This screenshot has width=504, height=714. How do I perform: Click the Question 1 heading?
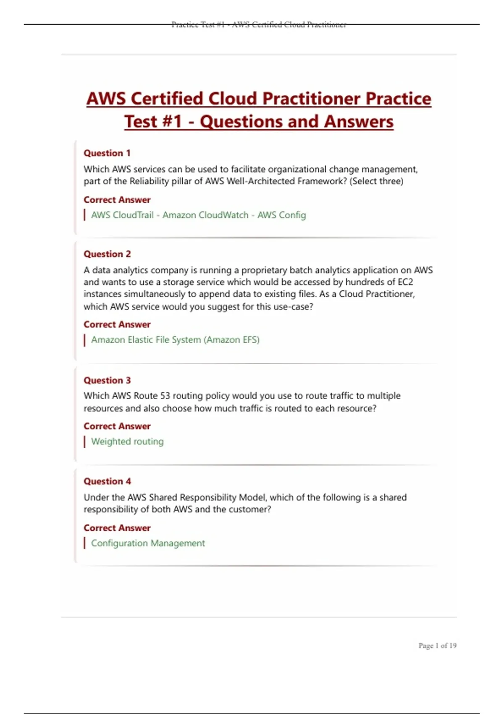pos(107,153)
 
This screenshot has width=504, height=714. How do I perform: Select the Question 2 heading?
pos(107,254)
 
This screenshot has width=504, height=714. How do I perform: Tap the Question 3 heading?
pos(107,381)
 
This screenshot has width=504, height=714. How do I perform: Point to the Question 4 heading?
pos(107,481)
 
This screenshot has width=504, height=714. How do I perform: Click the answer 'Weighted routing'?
pos(127,441)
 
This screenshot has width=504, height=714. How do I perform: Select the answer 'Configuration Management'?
pos(148,543)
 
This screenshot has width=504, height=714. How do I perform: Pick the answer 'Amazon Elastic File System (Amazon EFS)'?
pos(175,340)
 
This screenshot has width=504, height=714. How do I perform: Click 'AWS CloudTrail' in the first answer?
pos(122,215)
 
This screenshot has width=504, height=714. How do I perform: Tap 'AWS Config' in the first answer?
pos(281,215)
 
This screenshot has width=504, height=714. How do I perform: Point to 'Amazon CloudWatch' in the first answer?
pos(205,215)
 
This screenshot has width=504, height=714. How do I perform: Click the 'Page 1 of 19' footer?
pos(437,646)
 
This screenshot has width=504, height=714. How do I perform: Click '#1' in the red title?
pos(171,122)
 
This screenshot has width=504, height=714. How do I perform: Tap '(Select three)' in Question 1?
pos(376,181)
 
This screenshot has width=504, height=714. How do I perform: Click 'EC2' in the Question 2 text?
pos(405,282)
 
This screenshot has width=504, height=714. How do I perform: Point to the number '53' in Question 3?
pos(165,396)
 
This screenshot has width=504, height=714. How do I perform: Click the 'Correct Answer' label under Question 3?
pos(117,426)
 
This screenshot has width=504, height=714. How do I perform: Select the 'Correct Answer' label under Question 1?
pos(117,200)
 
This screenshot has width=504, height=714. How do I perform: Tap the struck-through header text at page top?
pos(259,25)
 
